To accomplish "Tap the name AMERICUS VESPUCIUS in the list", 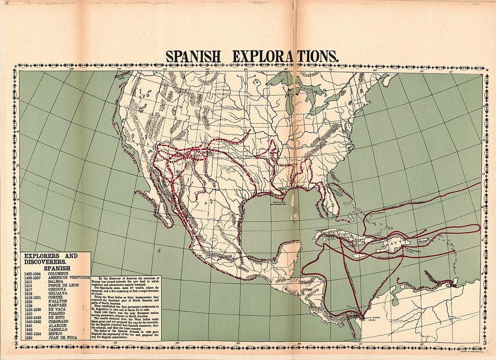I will click(69, 277).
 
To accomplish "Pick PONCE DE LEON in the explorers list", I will click(64, 285).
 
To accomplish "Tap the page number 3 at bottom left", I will click(16, 343).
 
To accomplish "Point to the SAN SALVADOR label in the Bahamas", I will click(375, 214).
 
